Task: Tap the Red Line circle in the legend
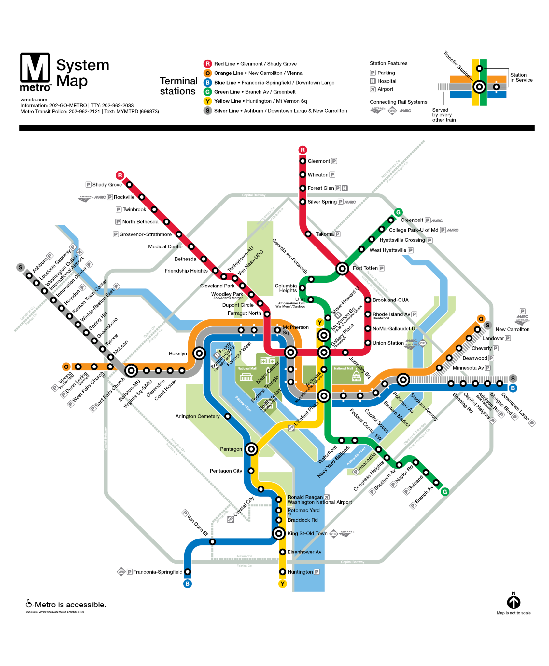(x=207, y=64)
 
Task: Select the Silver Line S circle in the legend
(x=207, y=111)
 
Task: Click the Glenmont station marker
(x=303, y=161)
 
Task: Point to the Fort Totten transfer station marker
(x=342, y=269)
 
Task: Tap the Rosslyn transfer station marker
(x=199, y=353)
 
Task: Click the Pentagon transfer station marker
(x=251, y=449)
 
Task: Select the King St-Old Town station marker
(x=279, y=533)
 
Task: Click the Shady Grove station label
(x=107, y=185)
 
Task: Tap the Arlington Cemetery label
(x=197, y=416)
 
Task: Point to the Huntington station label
(x=300, y=572)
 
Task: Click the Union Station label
(x=388, y=343)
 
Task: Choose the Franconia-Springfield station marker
(x=188, y=572)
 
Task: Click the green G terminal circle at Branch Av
(x=444, y=492)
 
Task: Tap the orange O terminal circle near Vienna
(x=66, y=367)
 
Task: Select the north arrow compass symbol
(x=514, y=602)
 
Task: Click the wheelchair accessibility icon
(x=29, y=604)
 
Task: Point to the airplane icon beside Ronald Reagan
(x=327, y=497)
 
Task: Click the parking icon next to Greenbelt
(x=428, y=220)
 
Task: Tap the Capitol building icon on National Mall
(x=356, y=376)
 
